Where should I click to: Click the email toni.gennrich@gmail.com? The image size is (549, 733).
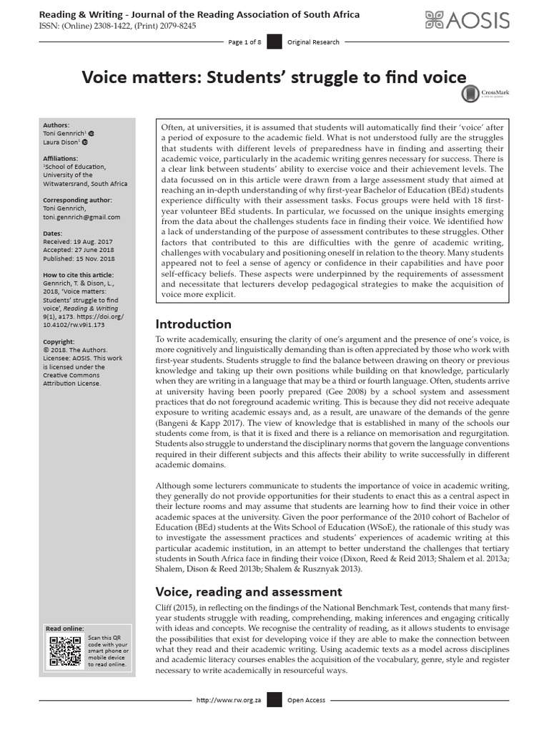[82, 217]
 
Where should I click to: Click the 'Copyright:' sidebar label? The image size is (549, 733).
[59, 342]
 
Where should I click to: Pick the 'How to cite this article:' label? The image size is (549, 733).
[78, 275]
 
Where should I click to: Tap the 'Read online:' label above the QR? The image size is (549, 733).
[64, 628]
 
